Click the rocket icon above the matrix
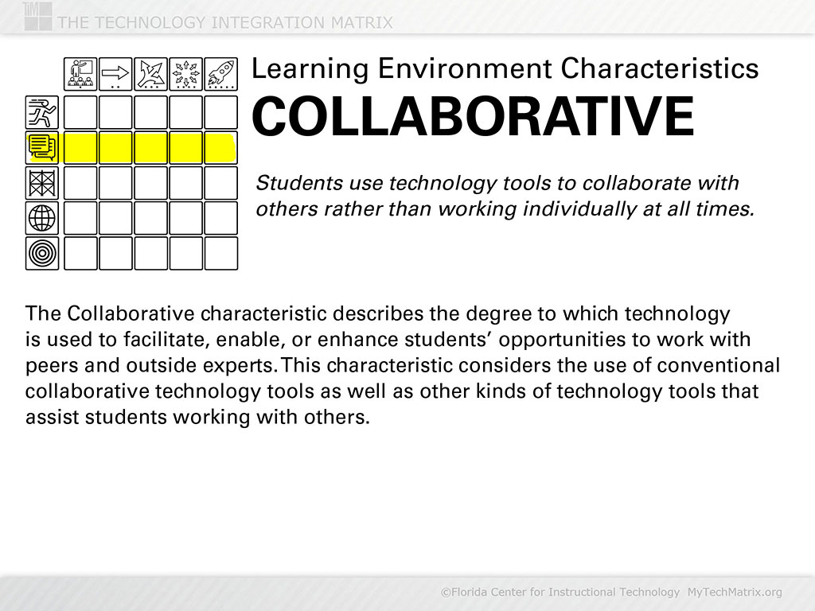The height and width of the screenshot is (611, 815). [220, 74]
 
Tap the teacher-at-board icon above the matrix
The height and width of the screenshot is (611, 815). [80, 74]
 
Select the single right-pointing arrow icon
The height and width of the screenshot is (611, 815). [115, 74]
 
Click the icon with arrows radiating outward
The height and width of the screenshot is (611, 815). [185, 74]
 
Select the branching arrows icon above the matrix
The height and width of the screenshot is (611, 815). [150, 74]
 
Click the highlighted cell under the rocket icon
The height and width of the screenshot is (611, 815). [220, 148]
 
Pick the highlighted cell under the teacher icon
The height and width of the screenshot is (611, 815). [80, 148]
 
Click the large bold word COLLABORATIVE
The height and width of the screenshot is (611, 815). [473, 117]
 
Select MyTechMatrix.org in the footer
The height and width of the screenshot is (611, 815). [735, 592]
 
